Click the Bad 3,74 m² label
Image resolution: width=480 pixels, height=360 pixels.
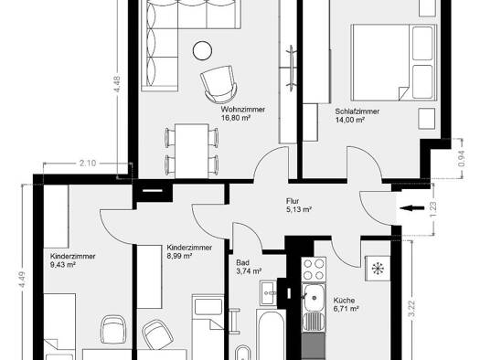click(249, 267)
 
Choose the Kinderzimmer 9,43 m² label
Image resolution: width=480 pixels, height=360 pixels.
click(72, 260)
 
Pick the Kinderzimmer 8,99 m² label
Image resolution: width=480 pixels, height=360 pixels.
click(189, 251)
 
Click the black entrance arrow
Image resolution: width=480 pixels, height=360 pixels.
click(412, 208)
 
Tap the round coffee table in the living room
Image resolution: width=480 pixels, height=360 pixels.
click(202, 50)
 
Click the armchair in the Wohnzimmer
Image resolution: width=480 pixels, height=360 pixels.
click(219, 84)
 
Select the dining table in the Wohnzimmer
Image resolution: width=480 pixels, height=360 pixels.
click(192, 151)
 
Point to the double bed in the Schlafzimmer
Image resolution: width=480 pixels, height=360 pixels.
click(394, 63)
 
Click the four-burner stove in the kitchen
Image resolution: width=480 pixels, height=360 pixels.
click(314, 270)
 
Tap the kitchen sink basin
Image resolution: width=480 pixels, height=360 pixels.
click(314, 298)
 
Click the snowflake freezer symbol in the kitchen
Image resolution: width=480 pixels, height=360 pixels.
click(378, 269)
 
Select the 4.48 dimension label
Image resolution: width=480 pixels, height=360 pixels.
click(117, 84)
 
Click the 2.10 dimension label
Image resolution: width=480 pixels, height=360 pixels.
click(88, 163)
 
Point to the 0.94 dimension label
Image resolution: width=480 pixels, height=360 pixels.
click(463, 159)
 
